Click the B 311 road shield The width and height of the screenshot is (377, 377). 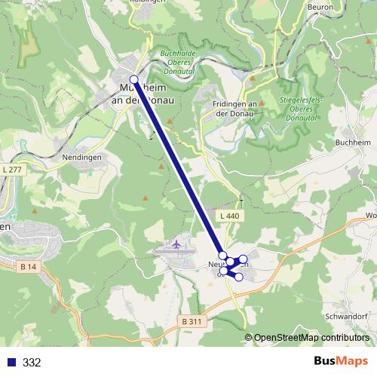[x=192, y=322]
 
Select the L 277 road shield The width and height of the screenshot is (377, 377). [x=12, y=170]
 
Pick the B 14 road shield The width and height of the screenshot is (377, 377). [x=29, y=266]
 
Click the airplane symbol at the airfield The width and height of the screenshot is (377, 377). [x=176, y=244]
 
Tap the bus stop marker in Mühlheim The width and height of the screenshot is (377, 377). [x=133, y=79]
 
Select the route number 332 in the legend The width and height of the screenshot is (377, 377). [x=32, y=362]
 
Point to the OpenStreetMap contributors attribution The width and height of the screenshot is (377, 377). [x=311, y=338]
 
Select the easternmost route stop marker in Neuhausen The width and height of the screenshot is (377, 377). [x=243, y=259]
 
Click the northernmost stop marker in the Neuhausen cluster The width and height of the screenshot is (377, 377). [x=222, y=256]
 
